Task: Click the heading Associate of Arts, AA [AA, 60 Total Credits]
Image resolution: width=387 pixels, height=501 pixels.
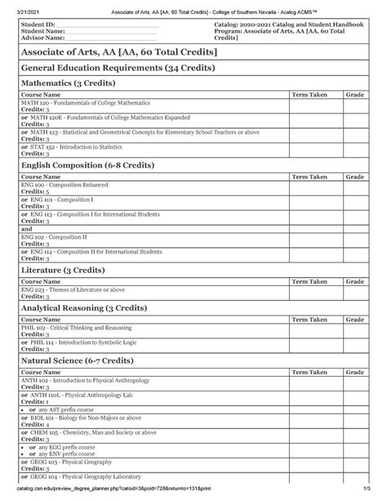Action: (x=119, y=52)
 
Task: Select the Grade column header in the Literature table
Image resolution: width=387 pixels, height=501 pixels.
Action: (x=354, y=280)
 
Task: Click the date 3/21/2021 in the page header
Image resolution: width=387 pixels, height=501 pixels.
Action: (x=24, y=7)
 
